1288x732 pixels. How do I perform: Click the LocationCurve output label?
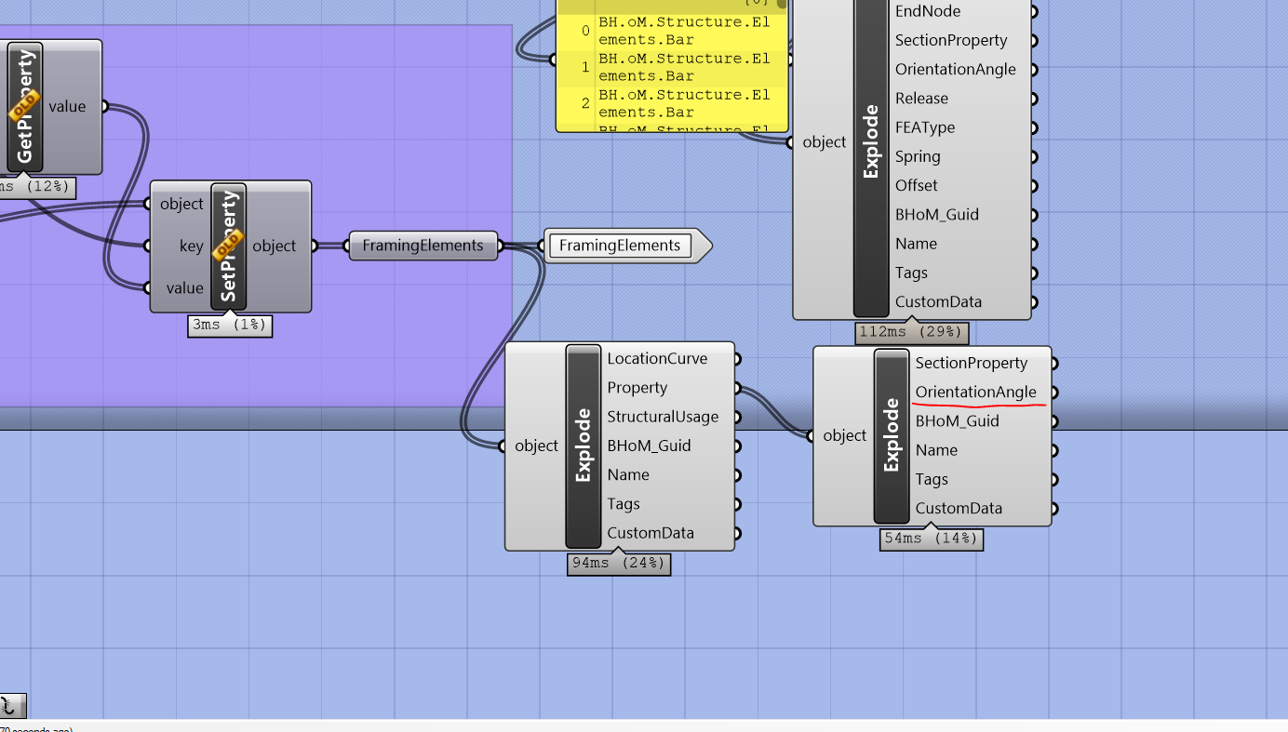pos(657,359)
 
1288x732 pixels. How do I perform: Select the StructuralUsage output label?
pos(662,417)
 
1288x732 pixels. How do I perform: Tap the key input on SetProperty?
pos(191,246)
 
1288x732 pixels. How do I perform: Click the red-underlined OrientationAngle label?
pos(975,393)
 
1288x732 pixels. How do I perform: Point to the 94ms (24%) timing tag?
pos(619,564)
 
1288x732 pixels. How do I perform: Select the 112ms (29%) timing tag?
pos(911,332)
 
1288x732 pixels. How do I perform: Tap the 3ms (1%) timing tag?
pos(230,325)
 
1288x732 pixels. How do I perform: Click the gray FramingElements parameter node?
pos(423,246)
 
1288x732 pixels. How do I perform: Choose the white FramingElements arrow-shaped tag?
pos(620,246)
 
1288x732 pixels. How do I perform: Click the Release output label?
pos(921,99)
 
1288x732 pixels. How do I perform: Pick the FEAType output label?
pos(924,127)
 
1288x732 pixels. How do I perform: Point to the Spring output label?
pos(917,156)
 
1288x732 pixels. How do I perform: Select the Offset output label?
pos(916,186)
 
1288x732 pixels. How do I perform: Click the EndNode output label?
pos(927,11)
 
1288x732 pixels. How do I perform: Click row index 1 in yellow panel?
pos(585,67)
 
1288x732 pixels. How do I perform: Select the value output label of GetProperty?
pos(67,106)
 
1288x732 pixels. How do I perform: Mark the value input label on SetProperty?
pos(184,288)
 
